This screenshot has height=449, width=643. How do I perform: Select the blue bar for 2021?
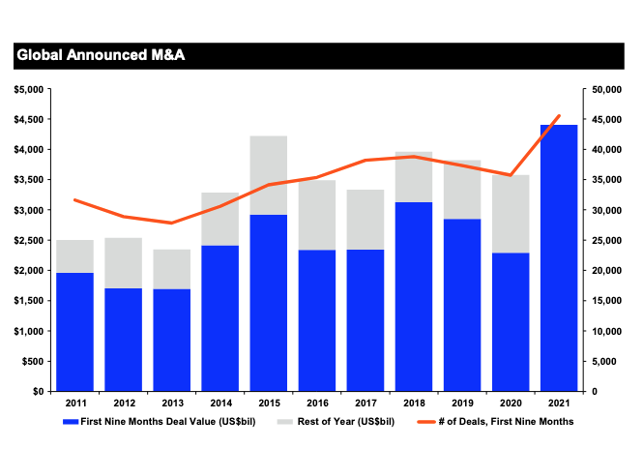(559, 257)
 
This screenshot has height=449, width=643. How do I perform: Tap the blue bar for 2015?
(269, 303)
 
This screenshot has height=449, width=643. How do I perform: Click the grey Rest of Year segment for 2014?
(220, 219)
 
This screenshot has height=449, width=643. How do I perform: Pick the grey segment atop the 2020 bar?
(511, 214)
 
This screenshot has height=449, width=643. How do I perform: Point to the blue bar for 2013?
(172, 340)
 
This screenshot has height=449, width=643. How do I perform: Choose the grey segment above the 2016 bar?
(317, 215)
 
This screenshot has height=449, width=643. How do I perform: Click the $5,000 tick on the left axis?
(29, 89)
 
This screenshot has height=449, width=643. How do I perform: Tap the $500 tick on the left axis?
(32, 361)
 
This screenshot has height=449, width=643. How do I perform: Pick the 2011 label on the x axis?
(74, 402)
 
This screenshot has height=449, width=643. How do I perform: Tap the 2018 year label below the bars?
(414, 402)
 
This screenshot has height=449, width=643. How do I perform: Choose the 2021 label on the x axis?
(559, 402)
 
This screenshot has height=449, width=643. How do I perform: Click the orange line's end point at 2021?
(559, 116)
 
